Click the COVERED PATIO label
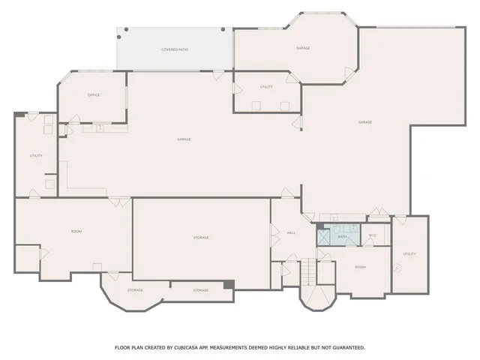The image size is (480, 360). (x=174, y=49)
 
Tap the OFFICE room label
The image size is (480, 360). (x=94, y=95)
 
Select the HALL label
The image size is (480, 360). (x=291, y=233)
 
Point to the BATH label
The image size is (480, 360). (x=342, y=237)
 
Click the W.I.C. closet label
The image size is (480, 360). (x=372, y=236)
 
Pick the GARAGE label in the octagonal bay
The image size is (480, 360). (x=303, y=48)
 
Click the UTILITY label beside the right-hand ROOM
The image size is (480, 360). (x=409, y=253)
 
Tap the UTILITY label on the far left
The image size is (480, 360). (x=35, y=155)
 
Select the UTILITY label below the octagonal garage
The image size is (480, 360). (x=266, y=87)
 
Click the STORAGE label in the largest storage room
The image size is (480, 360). (x=201, y=238)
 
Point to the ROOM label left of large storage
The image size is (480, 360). (x=76, y=231)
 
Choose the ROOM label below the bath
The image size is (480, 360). (x=360, y=267)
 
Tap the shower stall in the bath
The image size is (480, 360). (x=323, y=237)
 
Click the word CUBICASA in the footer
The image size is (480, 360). (x=188, y=347)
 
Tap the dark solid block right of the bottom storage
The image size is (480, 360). (x=229, y=284)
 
